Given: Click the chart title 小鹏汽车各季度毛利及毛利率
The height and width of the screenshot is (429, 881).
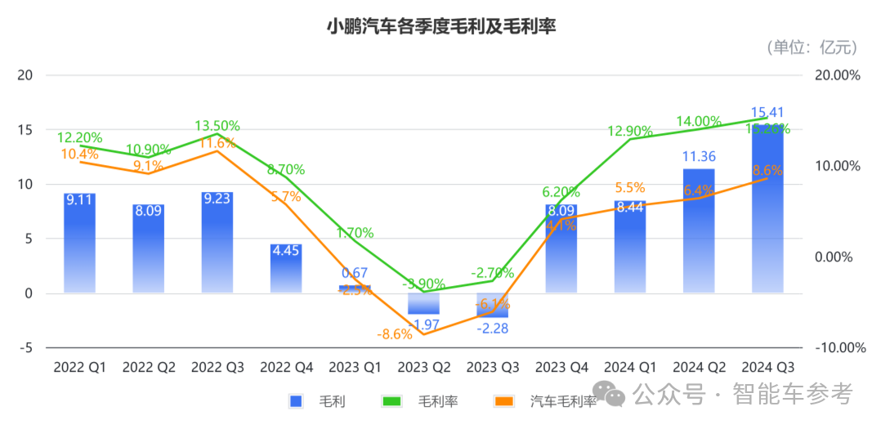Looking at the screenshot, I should point(440,26).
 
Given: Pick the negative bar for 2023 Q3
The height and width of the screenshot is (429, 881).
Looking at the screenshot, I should point(493,305).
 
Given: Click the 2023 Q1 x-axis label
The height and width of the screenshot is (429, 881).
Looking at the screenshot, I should point(355,367).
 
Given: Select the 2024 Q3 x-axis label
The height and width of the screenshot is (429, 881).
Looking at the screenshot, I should point(767,367).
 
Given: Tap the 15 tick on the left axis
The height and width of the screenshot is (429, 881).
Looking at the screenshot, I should point(25,130).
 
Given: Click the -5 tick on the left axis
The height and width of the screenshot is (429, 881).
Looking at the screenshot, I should point(25,347).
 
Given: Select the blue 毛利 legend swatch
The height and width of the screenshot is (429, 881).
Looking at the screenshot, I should point(296,400).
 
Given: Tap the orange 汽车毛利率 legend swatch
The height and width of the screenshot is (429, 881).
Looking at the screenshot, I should point(504,400).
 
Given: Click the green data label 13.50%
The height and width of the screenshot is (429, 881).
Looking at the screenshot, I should point(217,126).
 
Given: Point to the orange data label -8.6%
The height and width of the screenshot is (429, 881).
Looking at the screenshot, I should point(394,334).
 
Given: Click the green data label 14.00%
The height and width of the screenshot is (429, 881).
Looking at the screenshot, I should point(699,122).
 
